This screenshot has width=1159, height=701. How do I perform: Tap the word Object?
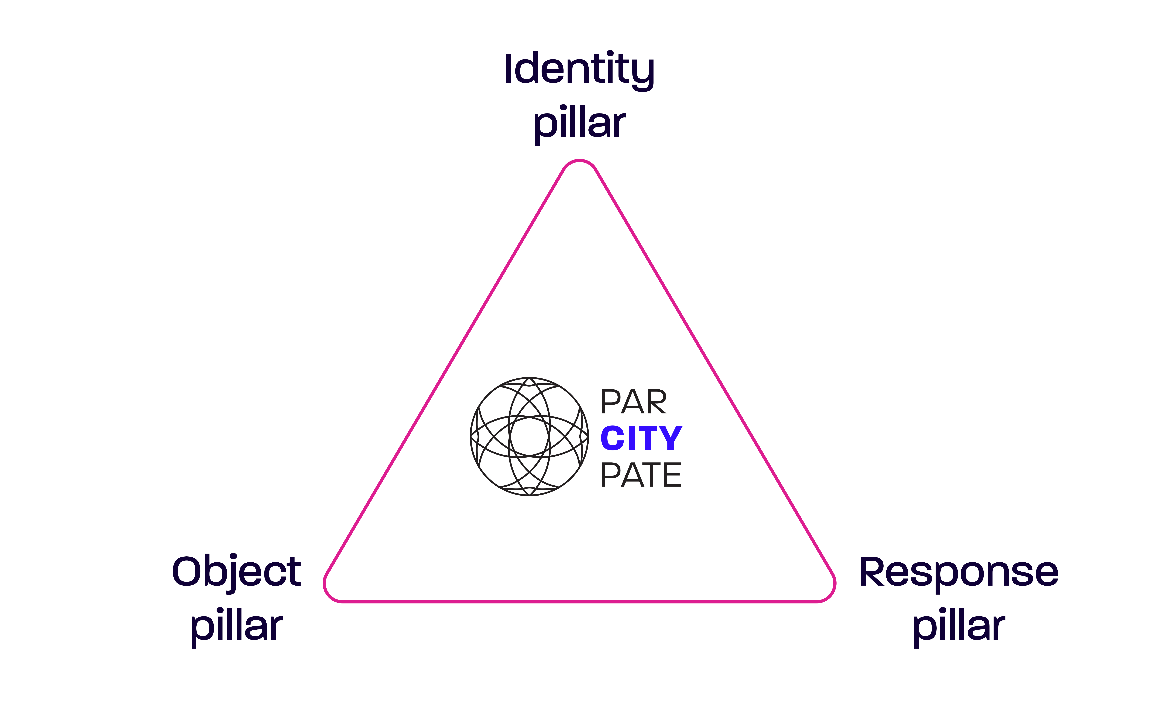tap(236, 572)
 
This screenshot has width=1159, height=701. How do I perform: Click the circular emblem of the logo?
tap(529, 437)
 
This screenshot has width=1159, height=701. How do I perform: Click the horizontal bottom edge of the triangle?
tap(579, 601)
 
